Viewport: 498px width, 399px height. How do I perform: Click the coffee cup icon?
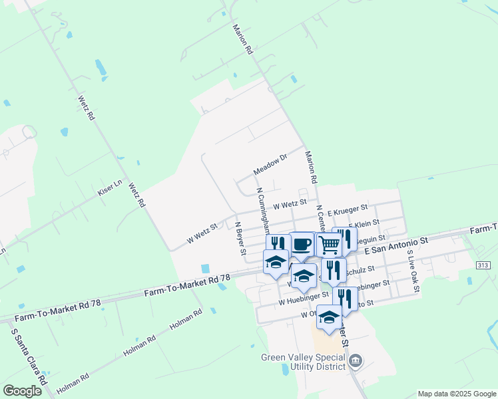tap(302, 243)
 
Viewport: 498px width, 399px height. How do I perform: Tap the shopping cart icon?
tap(329, 244)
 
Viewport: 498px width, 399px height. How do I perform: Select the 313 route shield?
tap(484, 265)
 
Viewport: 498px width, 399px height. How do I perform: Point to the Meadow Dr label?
tap(269, 166)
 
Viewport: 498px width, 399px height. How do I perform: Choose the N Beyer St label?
tap(240, 237)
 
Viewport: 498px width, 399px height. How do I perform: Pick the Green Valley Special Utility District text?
tap(304, 361)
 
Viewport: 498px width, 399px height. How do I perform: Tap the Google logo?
tap(23, 391)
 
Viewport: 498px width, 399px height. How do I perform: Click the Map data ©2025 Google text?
tap(457, 394)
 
